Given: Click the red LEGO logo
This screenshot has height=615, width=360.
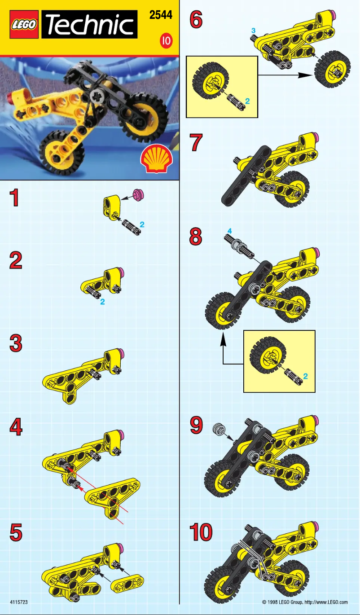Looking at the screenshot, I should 24,25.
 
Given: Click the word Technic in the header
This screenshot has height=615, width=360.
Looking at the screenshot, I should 90,25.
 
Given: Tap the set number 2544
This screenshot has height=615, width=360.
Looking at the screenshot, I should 161,15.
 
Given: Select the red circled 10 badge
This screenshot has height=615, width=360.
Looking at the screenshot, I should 166,41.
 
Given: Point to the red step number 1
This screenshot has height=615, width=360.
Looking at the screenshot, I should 15,198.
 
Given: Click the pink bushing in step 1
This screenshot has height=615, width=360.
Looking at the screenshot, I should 139,194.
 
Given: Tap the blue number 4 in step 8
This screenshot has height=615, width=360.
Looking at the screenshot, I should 229,230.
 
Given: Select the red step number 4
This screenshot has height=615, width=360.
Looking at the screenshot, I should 16,427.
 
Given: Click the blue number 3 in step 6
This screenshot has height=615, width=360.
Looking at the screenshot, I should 253,30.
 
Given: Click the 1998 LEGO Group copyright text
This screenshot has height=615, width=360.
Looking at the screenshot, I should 305,602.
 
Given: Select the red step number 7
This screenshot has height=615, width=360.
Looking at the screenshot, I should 196,143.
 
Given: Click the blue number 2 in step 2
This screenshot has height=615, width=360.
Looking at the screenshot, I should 102,302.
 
